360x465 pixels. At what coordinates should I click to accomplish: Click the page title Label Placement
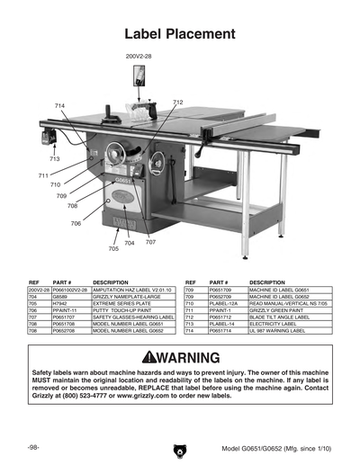(x=180, y=34)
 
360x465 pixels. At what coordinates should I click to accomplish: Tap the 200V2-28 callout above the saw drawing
(x=139, y=56)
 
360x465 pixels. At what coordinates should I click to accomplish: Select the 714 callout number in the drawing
(x=60, y=106)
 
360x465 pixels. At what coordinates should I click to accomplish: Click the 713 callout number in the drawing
(x=55, y=159)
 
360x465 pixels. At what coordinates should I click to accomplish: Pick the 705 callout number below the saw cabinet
(x=113, y=248)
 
